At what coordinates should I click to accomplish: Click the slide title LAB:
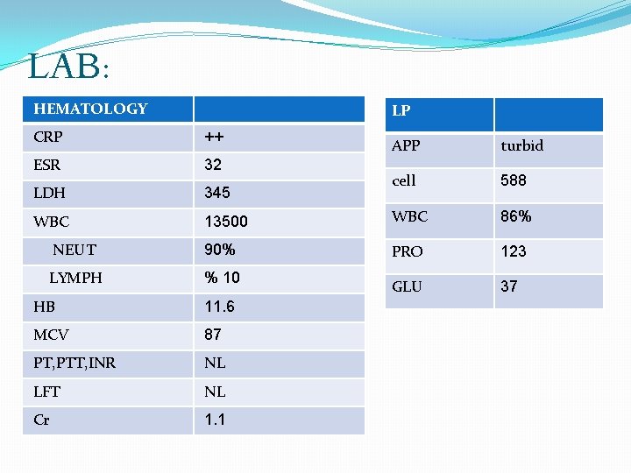coord(67,67)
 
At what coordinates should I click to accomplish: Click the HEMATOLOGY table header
coord(90,109)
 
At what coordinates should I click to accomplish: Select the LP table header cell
coord(401,111)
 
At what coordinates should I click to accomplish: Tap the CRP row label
coord(47,137)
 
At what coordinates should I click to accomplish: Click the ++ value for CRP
coord(214,137)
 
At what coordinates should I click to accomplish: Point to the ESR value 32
coord(213,165)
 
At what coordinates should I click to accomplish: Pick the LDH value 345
coord(217,193)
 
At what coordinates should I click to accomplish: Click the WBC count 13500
coord(224,222)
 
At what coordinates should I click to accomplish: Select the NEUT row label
coord(74,250)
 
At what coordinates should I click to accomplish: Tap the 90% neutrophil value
coord(219,250)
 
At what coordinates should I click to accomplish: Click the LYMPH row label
coord(75,278)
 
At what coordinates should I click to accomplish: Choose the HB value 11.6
coord(219,307)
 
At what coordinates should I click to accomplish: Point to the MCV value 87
coord(213,335)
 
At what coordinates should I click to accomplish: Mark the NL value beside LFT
coord(215,392)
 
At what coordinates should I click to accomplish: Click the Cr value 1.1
coord(215,420)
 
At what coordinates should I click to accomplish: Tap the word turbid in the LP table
coord(521,145)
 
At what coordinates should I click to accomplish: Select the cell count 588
coord(514,180)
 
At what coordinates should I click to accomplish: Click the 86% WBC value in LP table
coord(516,216)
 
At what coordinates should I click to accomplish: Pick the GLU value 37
coord(509,286)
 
